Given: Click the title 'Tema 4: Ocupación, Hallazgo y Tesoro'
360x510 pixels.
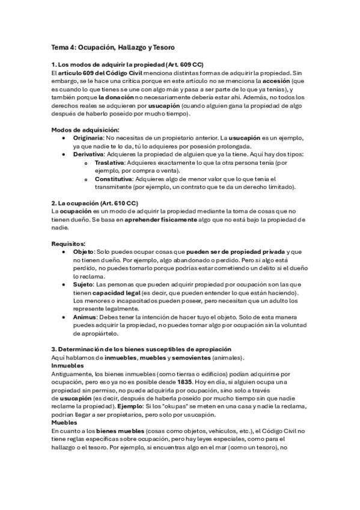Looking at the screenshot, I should [112, 47].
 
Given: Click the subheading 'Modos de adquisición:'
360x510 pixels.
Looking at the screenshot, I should [85, 129].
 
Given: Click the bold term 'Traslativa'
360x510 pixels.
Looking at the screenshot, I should [110, 162].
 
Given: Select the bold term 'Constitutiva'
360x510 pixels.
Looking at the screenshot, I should [113, 179].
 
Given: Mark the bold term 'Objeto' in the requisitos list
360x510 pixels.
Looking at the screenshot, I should [83, 252].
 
